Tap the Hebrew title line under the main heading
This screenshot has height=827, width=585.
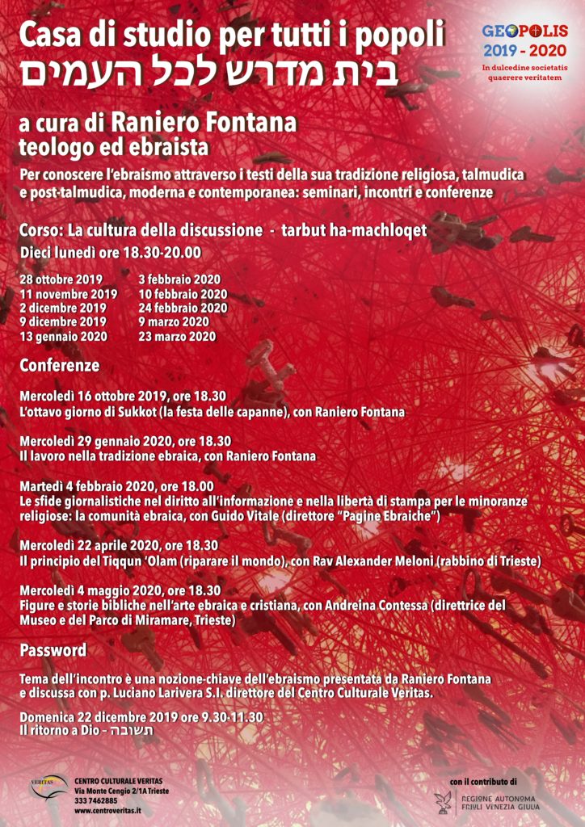click(209, 73)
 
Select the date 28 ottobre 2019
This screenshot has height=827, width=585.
click(61, 280)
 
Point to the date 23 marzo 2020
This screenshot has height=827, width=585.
click(177, 337)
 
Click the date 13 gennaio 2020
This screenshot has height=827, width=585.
click(63, 337)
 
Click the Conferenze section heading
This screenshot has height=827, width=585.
click(60, 366)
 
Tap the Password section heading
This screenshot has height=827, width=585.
click(53, 650)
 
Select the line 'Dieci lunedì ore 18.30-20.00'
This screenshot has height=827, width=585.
click(110, 253)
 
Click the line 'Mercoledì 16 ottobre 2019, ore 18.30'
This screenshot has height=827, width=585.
click(123, 397)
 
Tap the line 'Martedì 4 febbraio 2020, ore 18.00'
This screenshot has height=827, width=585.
click(116, 487)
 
